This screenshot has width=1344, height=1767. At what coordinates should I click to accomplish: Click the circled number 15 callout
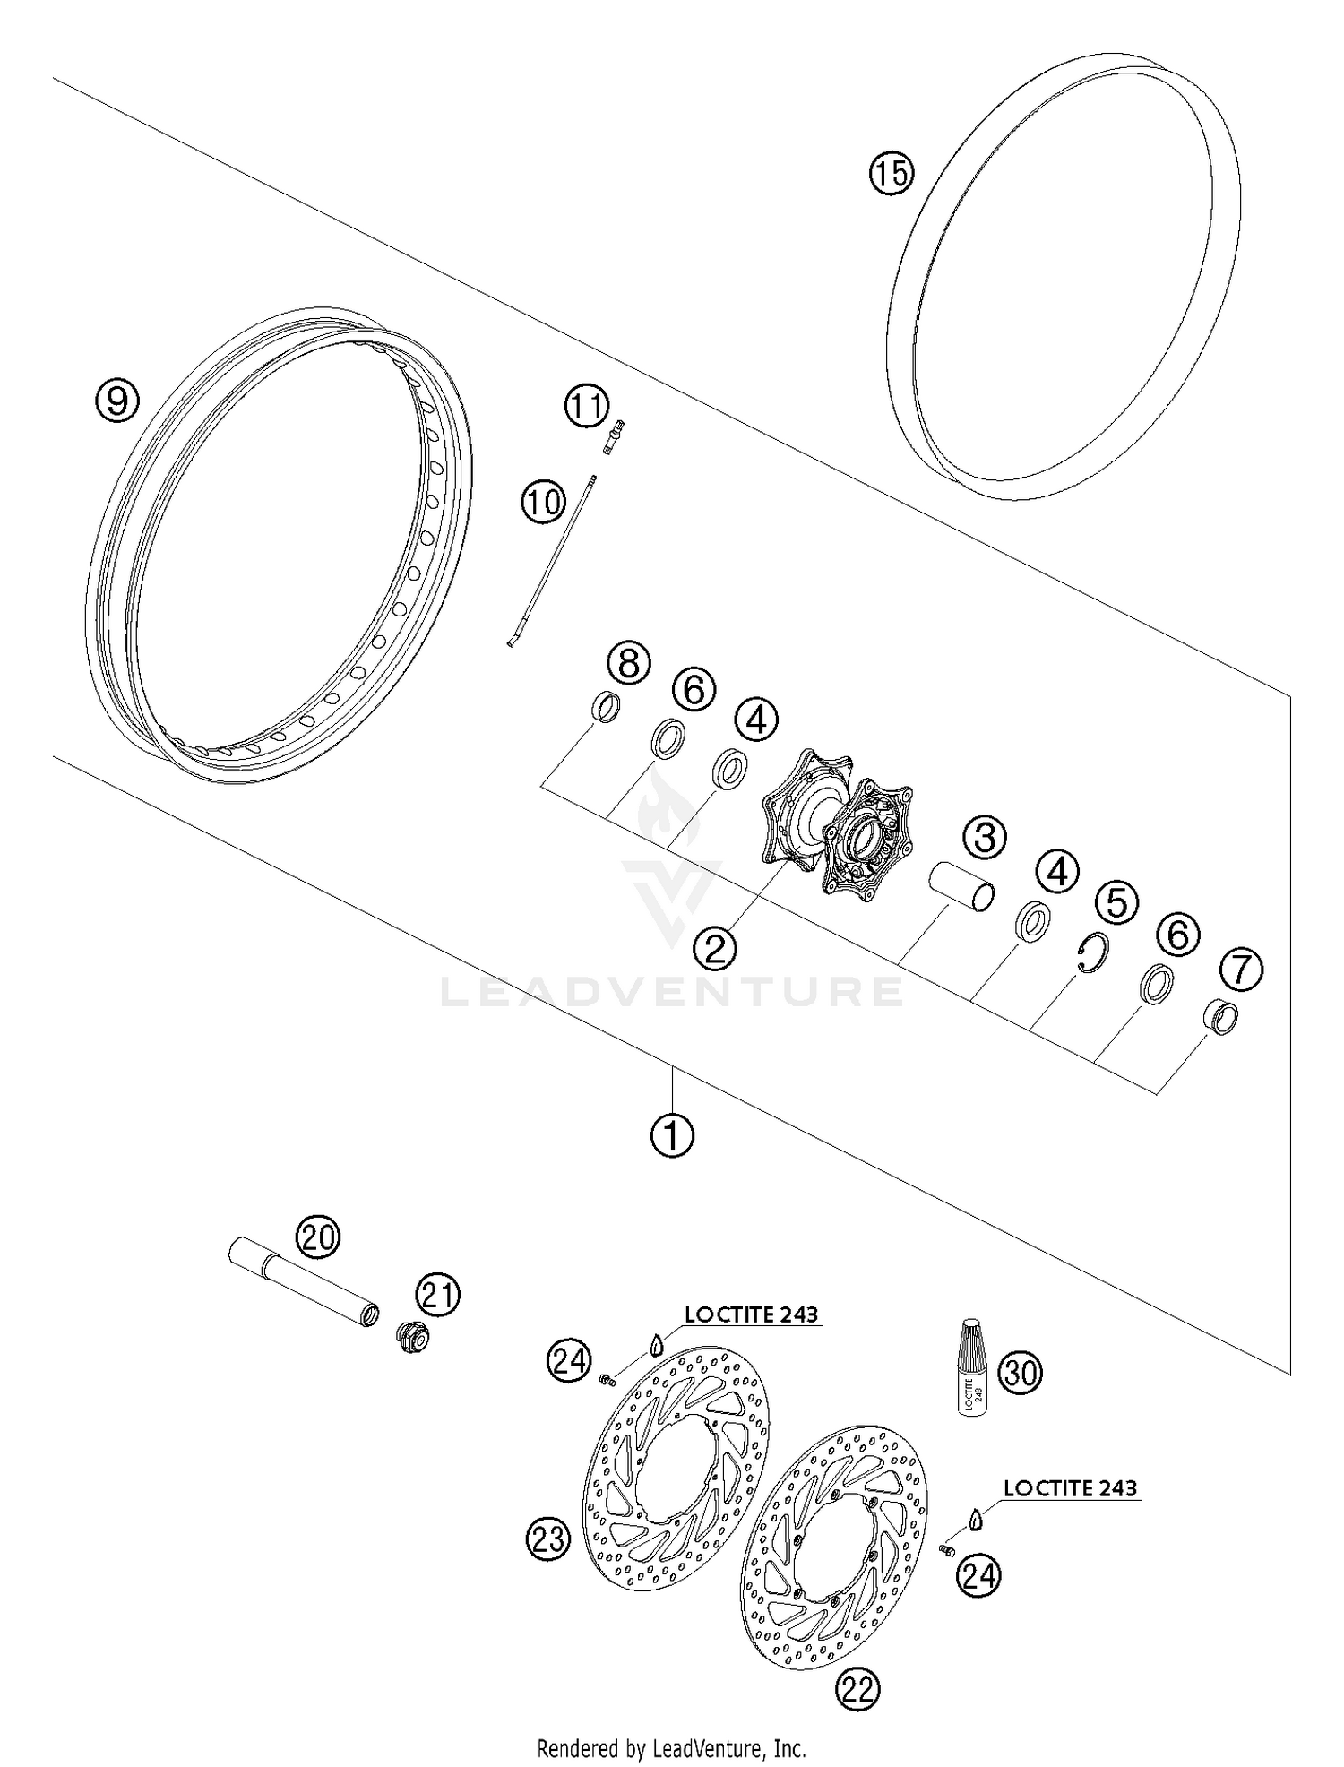pyautogui.click(x=891, y=173)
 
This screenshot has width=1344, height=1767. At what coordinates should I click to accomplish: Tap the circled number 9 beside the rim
pyautogui.click(x=117, y=400)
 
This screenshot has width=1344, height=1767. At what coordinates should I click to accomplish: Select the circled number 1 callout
pyautogui.click(x=671, y=1135)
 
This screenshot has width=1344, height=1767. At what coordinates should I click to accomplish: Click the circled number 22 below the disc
pyautogui.click(x=857, y=1689)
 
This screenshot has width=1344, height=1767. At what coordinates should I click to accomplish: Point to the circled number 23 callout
pyautogui.click(x=547, y=1539)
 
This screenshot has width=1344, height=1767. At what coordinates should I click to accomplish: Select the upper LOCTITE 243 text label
pyautogui.click(x=751, y=1314)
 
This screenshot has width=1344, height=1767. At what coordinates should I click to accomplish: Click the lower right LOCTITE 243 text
pyautogui.click(x=1070, y=1488)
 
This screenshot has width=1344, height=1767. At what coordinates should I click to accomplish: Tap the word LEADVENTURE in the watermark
pyautogui.click(x=671, y=992)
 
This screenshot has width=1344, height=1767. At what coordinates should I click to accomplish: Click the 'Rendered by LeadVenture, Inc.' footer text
pyautogui.click(x=671, y=1747)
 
